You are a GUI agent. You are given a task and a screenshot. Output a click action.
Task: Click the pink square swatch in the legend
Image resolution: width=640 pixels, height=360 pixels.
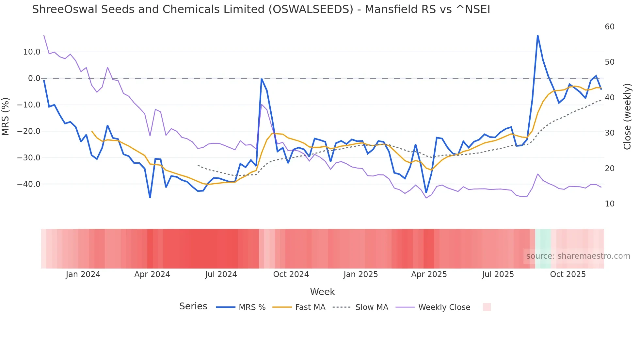coord(487,307)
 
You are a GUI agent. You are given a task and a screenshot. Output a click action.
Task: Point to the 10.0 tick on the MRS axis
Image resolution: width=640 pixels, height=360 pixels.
coord(32,52)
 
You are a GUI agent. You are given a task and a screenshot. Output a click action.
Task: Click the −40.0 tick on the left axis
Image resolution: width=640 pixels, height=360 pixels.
coord(29,184)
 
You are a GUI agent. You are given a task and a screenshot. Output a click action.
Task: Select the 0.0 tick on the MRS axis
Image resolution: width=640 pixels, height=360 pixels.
coord(34,78)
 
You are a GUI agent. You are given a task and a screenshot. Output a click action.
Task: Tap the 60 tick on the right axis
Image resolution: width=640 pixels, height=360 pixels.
coord(609,27)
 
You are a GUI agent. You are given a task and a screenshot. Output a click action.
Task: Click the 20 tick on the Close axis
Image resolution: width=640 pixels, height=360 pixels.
coord(609,169)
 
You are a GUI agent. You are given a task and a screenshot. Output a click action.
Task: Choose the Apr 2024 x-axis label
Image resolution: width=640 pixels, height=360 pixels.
coord(152,274)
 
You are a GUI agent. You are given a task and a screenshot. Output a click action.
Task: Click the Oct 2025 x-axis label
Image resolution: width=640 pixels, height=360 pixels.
coord(568,274)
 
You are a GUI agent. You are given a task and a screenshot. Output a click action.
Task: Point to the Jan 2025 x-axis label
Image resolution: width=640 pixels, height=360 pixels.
coord(360,274)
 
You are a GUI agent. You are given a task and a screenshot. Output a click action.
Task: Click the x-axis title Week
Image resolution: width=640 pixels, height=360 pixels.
coord(322,292)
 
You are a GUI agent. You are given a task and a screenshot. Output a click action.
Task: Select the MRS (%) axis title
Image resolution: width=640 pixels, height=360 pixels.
coord(6,117)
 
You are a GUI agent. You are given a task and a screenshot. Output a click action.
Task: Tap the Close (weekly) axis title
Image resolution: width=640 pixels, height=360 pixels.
coord(627,117)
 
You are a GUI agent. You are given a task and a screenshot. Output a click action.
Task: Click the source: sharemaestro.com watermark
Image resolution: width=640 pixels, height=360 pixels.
coord(578,256)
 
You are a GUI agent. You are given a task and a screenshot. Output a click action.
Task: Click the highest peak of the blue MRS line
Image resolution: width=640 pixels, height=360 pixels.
coord(537,36)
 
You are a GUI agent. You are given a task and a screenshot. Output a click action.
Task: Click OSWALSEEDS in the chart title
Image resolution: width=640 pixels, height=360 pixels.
coord(311,9)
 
